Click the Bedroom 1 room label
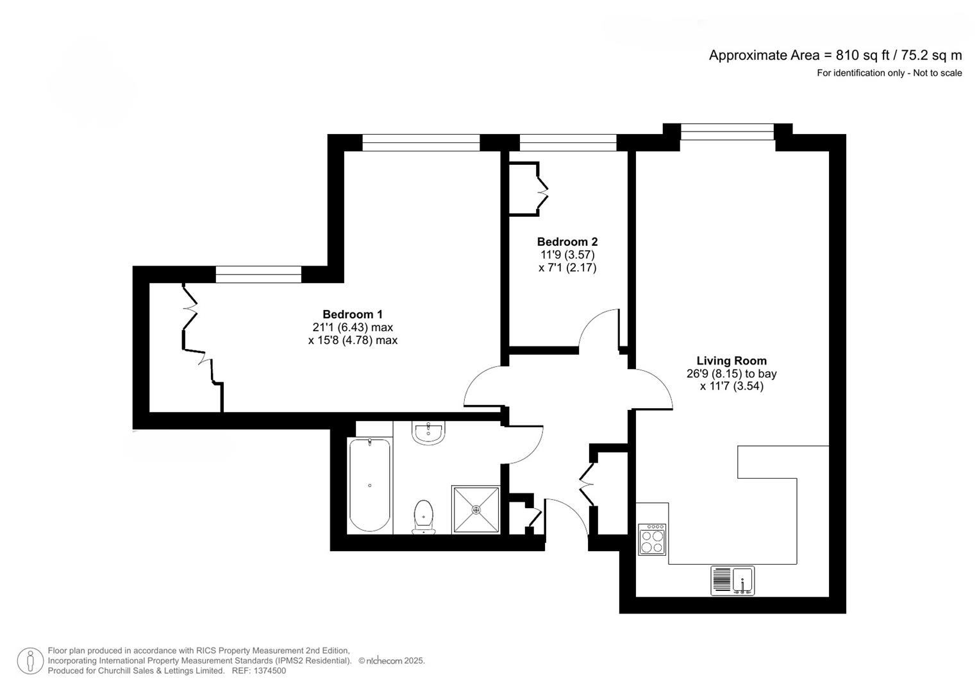[352, 314]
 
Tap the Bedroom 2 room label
[567, 242]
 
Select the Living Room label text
[731, 361]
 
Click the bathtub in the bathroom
[369, 484]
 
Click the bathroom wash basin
[428, 434]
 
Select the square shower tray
[476, 509]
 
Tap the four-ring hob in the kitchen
[652, 540]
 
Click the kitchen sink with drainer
[732, 581]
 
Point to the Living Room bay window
[727, 132]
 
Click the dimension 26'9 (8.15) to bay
[731, 373]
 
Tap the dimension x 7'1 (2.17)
[567, 268]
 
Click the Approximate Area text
[835, 55]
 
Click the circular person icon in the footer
[29, 661]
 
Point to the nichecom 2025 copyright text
[391, 660]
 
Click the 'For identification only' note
[889, 73]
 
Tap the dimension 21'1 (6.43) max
[352, 327]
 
